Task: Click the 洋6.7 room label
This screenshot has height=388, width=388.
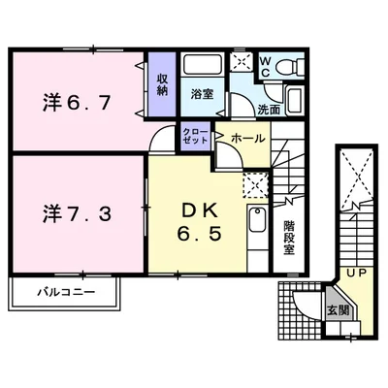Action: point(77,104)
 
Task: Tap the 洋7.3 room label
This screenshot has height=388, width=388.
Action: point(77,213)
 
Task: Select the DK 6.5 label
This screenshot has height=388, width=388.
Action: point(200,223)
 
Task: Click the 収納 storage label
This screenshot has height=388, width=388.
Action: point(162,84)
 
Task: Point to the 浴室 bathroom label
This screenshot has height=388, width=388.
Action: point(202,94)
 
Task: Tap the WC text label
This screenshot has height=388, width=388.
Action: point(266,67)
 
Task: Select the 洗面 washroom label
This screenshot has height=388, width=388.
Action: point(269,111)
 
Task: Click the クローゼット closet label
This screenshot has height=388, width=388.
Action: point(195,136)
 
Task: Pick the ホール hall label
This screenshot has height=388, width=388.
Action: point(248,139)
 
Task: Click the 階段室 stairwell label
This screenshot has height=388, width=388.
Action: point(289,238)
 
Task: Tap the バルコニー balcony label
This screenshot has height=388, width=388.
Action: point(67,293)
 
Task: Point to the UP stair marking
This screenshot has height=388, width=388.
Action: point(357,274)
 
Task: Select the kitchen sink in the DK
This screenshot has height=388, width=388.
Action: point(257,220)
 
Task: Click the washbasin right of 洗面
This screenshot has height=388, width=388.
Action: point(294,100)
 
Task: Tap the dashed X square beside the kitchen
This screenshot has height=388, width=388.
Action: point(256,185)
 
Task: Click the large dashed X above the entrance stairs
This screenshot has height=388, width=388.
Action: point(357,178)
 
